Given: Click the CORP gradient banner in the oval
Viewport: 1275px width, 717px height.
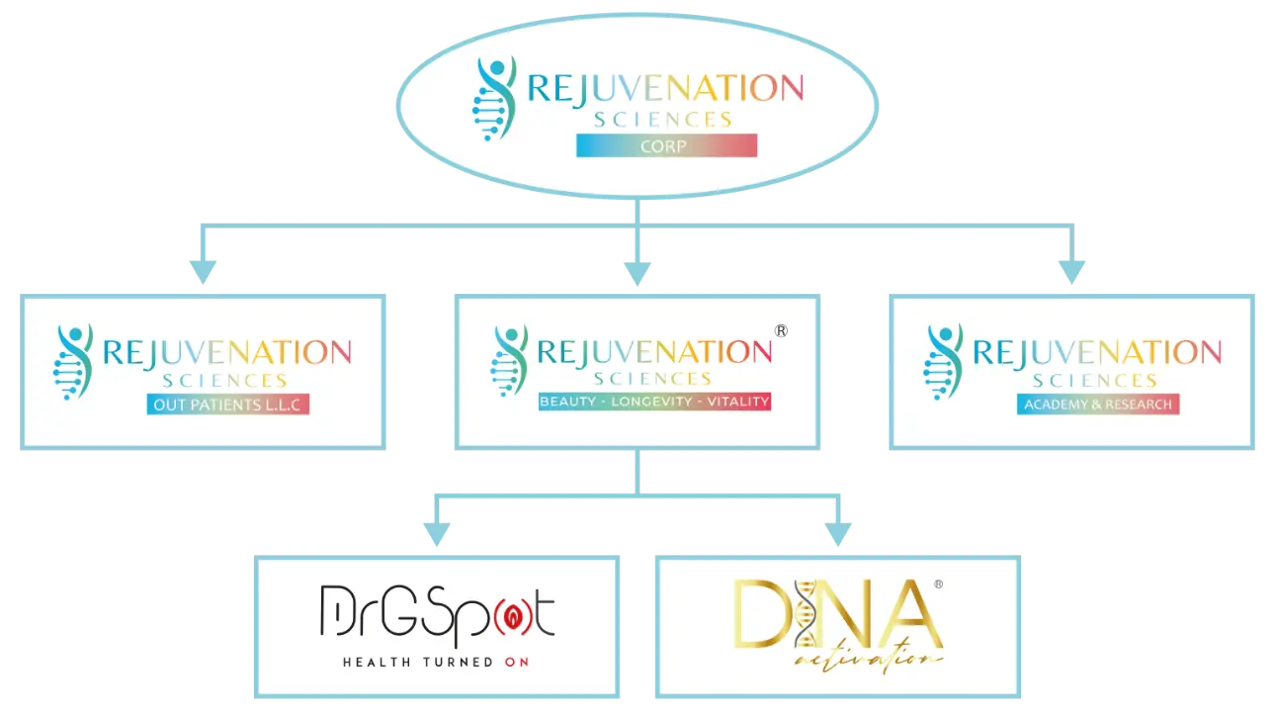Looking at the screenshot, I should coord(666,146).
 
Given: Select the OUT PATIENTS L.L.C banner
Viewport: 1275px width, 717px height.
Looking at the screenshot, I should coord(228,403).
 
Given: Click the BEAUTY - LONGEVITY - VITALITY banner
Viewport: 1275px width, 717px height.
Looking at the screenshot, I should coord(654,403).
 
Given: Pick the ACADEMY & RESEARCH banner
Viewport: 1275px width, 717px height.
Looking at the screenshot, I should coord(1098,403).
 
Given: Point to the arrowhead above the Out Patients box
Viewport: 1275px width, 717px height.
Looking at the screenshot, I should coord(203,267).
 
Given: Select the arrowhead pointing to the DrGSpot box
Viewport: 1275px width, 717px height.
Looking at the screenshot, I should coord(435,532).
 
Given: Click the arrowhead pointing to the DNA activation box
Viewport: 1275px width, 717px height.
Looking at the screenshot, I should coord(838,532).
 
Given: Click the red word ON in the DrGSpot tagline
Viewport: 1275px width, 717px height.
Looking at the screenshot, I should coord(516,662).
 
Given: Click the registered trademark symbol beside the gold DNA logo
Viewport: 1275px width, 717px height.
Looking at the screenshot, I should coord(938,585).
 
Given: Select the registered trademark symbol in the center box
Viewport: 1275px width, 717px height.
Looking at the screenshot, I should coord(781,331).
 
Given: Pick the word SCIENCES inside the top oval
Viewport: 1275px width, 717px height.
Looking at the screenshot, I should coord(663,120).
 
